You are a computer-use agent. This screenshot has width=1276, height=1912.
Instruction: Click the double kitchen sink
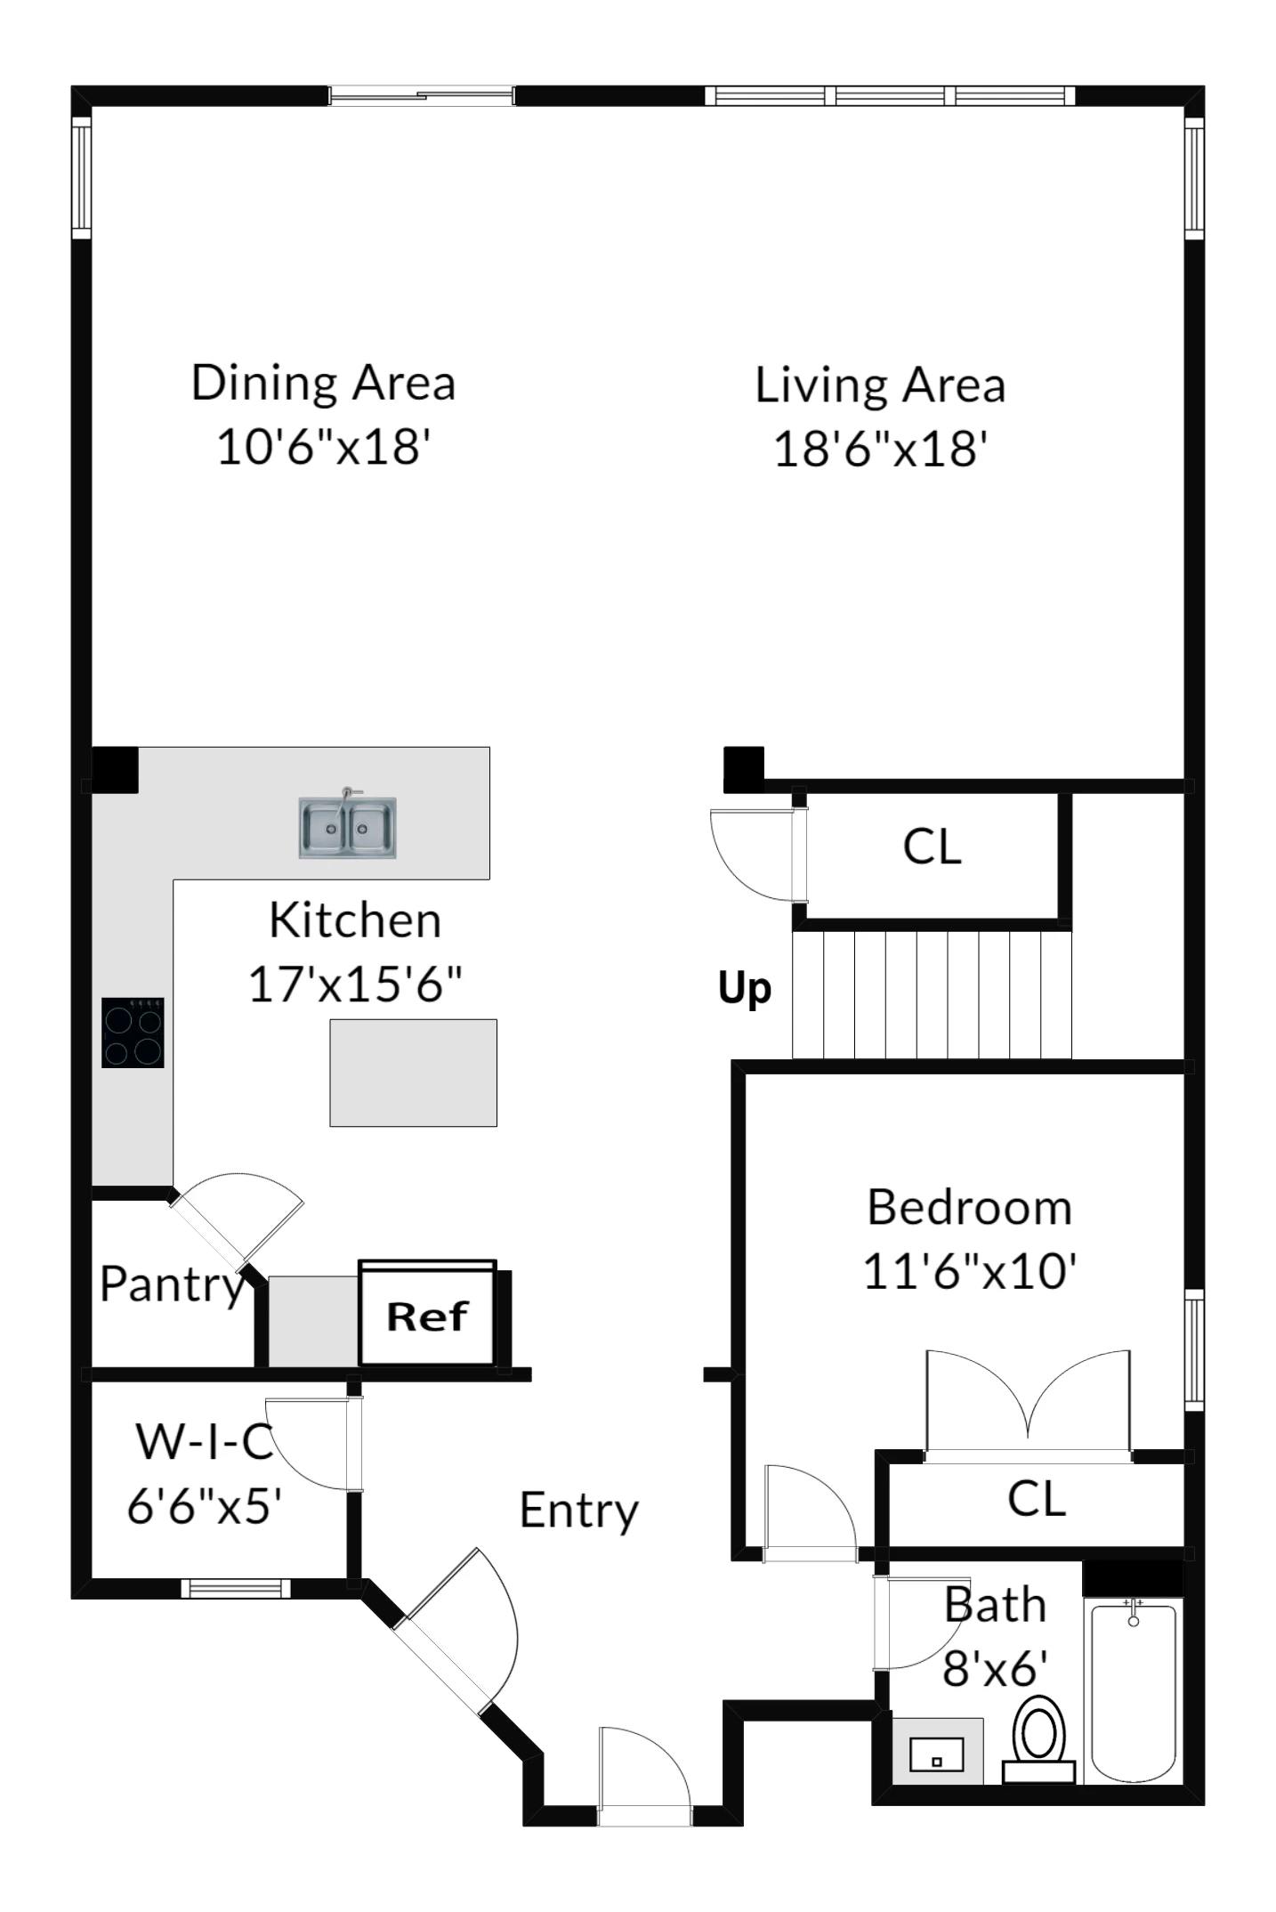347,827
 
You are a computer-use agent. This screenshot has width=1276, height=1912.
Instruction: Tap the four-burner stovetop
133,1033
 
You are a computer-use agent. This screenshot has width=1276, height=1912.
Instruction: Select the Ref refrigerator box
427,1314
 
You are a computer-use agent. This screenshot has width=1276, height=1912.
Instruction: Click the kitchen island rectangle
413,1073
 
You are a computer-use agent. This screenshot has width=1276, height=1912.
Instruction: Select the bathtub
1133,1690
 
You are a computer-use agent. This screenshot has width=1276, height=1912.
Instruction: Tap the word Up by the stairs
745,989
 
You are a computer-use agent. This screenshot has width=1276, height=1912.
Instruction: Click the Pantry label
172,1285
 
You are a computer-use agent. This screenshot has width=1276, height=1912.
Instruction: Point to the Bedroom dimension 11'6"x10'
970,1271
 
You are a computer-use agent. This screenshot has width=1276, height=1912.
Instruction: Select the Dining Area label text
323,384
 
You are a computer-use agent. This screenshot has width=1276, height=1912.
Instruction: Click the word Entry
579,1511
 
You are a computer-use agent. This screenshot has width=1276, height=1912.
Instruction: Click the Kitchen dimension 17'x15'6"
355,984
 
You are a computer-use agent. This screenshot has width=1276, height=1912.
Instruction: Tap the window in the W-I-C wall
236,1588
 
